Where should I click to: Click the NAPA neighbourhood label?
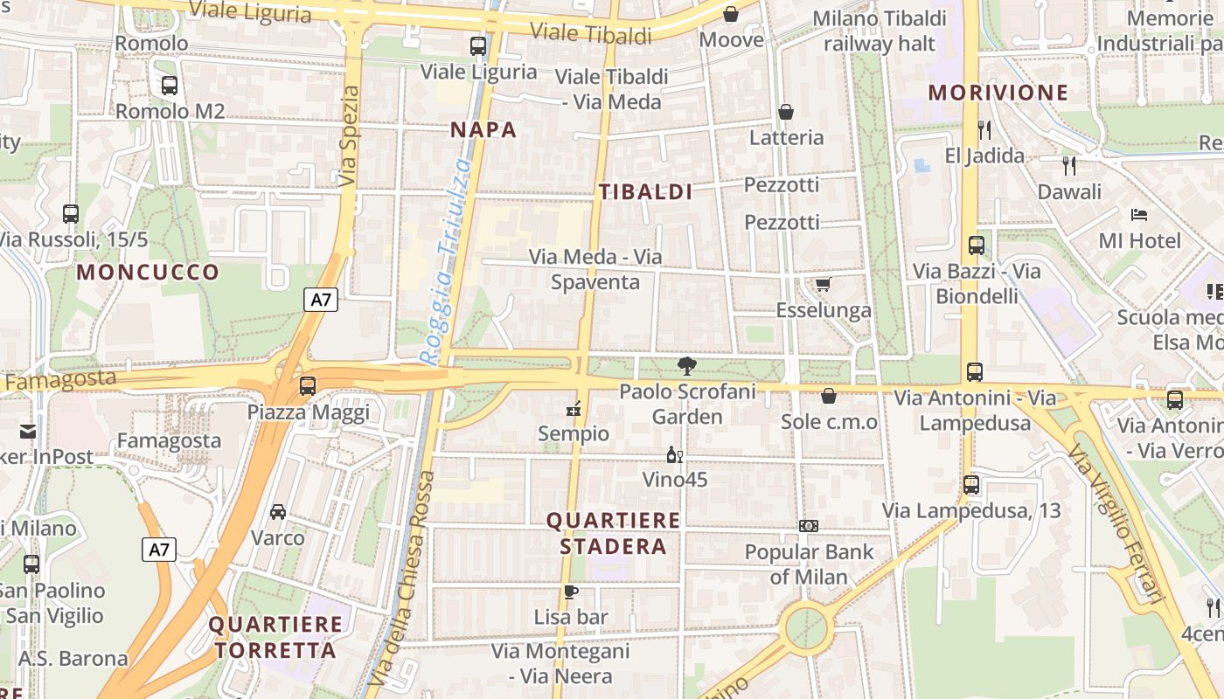(483, 130)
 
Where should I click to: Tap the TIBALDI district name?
(645, 192)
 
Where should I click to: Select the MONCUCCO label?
(148, 272)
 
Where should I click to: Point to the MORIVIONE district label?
(998, 93)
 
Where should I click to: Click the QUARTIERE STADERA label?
(613, 534)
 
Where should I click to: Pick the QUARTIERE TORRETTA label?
(275, 637)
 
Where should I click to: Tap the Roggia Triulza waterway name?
(447, 261)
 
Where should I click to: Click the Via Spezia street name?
(350, 135)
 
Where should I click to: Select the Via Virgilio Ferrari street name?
(1116, 523)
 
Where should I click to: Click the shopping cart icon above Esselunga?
(823, 285)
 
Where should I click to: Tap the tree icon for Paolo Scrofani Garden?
(687, 366)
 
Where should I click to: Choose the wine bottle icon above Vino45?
(674, 454)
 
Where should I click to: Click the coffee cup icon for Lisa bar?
(571, 592)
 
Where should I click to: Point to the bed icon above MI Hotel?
(1138, 214)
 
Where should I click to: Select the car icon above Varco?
(278, 511)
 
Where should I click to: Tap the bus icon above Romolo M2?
(170, 86)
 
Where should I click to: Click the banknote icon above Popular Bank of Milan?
(809, 526)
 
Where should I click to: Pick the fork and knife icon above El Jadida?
(984, 130)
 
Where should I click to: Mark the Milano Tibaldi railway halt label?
(880, 31)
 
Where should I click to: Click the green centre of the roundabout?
(806, 626)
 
